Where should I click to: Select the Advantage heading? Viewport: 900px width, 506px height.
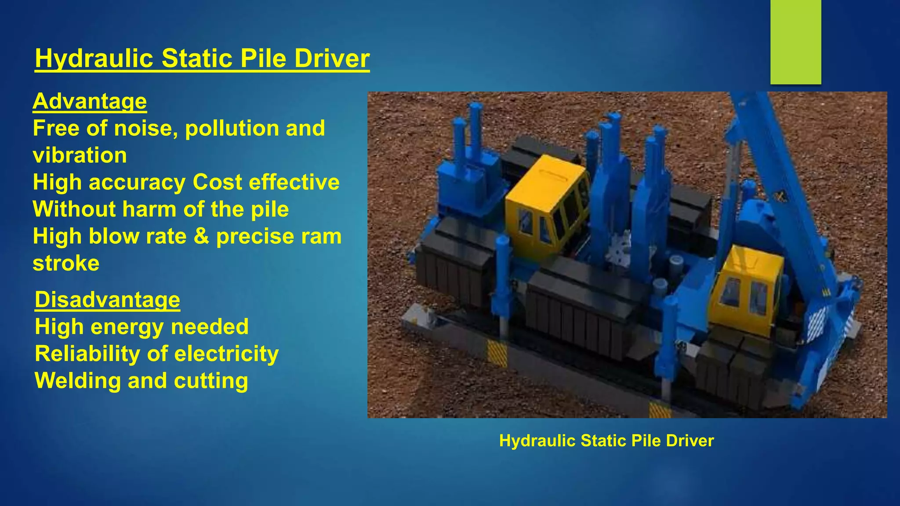point(90,101)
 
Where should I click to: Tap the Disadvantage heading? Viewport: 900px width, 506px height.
point(107,300)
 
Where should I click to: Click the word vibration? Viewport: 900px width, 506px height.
point(80,155)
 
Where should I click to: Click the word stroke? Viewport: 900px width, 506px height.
point(66,264)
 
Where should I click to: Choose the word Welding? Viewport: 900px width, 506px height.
point(78,381)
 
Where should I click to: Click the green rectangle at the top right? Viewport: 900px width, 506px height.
point(795,42)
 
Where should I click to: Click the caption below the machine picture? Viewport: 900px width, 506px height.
point(606,441)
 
